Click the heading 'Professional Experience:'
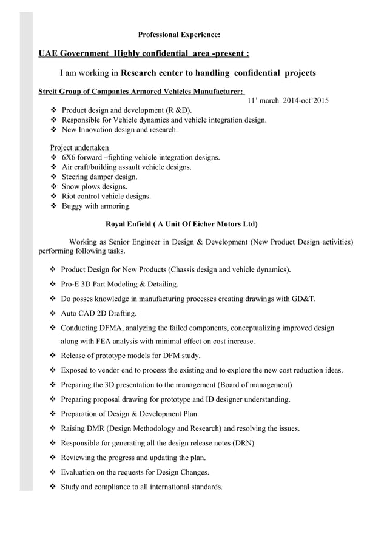tap(179, 35)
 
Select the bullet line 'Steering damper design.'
tap(99, 177)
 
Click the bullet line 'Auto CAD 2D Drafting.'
tap(99, 314)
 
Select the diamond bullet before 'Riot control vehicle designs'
tap(53, 197)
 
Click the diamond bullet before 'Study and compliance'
tap(53, 487)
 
